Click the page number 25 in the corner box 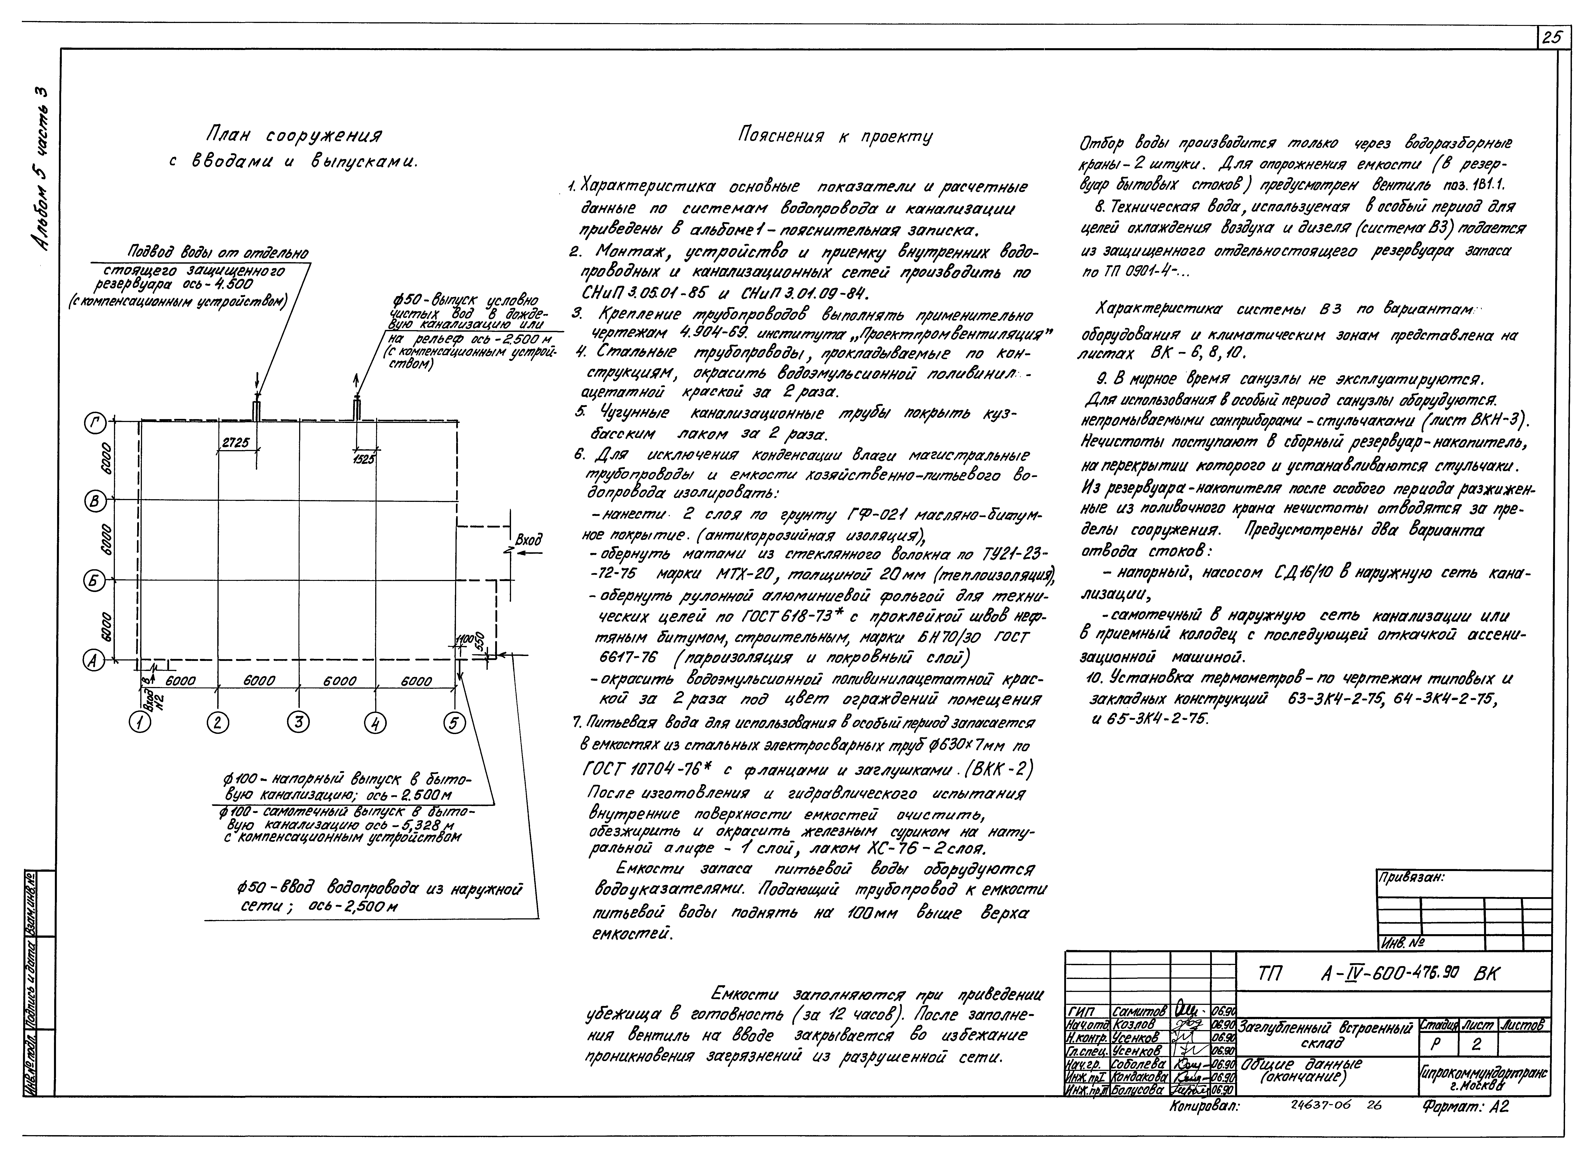1553,38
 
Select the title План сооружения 294,134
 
